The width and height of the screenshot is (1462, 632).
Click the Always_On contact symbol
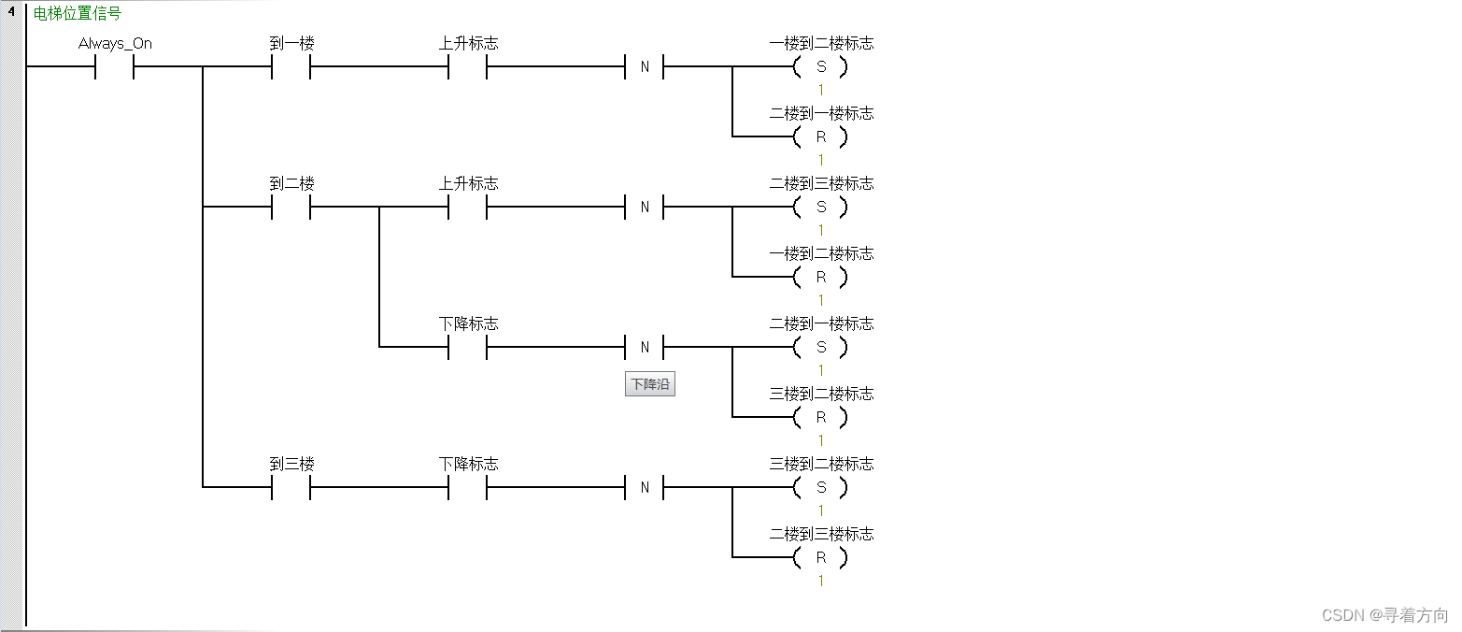[x=115, y=67]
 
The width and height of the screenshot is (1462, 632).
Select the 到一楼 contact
[x=291, y=67]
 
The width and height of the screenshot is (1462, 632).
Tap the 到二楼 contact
[x=291, y=208]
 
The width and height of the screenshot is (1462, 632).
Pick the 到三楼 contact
[x=291, y=488]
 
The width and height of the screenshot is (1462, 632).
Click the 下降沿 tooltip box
[x=649, y=384]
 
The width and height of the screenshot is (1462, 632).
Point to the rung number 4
[x=11, y=12]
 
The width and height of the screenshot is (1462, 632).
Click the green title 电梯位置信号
[x=78, y=14]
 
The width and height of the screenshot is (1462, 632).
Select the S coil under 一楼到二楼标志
[x=820, y=67]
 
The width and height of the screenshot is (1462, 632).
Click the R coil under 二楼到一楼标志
[x=820, y=137]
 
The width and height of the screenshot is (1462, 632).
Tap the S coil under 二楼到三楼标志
[x=820, y=208]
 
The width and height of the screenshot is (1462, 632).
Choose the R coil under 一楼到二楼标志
[x=820, y=278]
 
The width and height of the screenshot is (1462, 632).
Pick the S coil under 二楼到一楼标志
[x=820, y=348]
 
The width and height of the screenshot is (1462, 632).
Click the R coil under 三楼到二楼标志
[x=820, y=418]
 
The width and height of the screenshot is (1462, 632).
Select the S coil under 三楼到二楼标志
[x=820, y=488]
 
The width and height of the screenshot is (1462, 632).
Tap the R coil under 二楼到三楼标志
[x=820, y=558]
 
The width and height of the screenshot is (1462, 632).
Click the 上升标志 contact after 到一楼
[x=468, y=67]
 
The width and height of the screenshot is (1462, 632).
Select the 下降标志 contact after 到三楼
[x=468, y=488]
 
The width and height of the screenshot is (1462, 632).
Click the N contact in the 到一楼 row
[x=644, y=67]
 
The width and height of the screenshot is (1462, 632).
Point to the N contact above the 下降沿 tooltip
[x=644, y=348]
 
